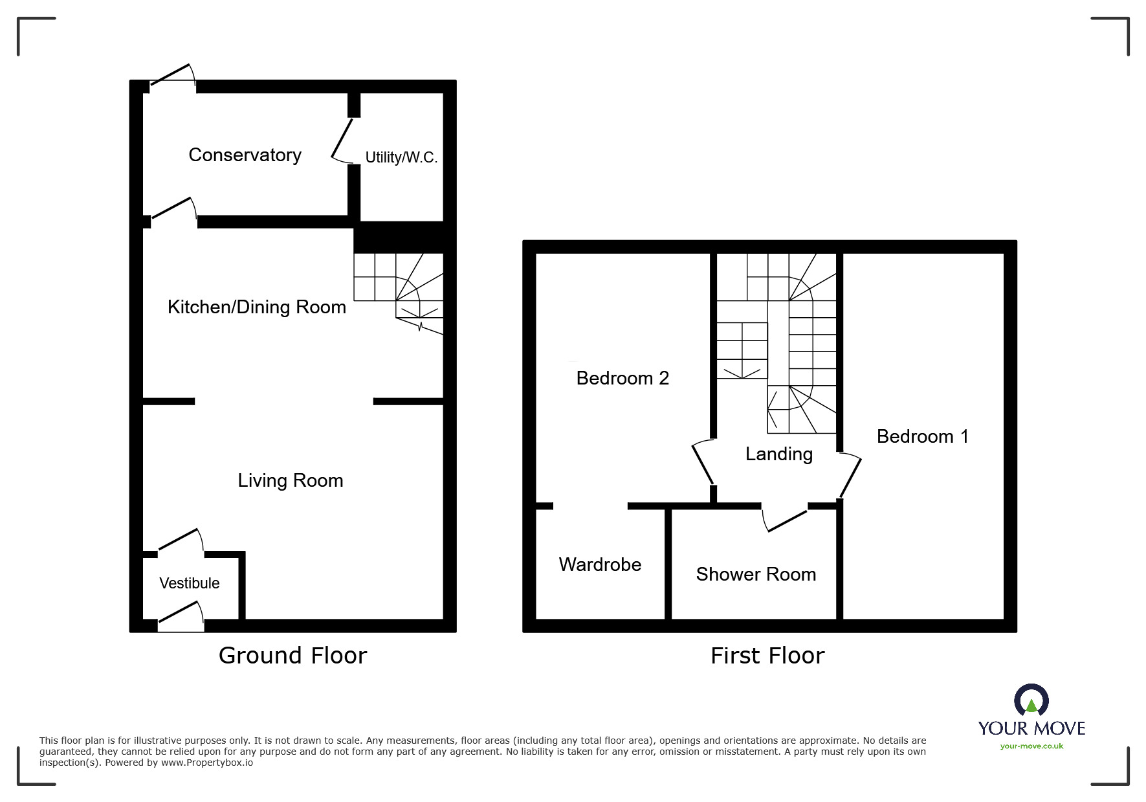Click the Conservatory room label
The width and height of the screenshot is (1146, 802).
pos(245,155)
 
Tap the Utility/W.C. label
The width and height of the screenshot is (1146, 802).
pos(401,157)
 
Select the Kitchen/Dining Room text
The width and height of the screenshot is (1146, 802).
pos(257,307)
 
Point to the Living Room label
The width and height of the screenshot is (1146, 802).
pos(291,480)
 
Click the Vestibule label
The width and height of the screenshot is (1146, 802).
pos(190,583)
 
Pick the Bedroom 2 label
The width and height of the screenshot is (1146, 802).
pos(623,378)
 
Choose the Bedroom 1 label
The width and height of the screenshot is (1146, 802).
pos(923,436)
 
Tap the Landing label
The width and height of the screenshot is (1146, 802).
pos(779,454)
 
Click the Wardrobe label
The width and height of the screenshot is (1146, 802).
pos(600,564)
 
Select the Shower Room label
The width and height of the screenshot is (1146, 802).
pos(756,574)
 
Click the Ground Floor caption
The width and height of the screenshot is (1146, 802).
pos(292,656)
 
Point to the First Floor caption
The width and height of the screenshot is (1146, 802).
pos(767,656)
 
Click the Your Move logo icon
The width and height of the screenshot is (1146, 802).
pos(1031,700)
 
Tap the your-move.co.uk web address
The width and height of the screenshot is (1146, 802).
pos(1031,746)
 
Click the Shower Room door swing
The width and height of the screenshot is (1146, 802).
pos(785,518)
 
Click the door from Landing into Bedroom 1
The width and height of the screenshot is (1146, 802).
pos(850,476)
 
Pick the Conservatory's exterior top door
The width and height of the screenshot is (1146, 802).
pos(172,74)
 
